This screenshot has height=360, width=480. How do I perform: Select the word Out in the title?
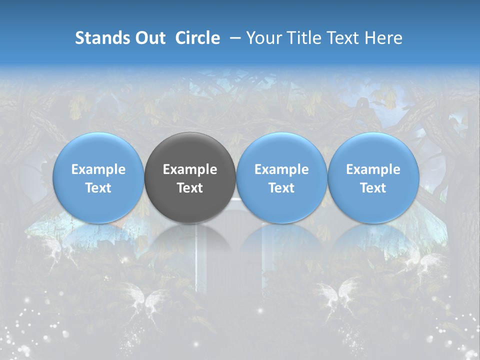point(149,38)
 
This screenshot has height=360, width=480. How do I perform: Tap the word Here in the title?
point(384,38)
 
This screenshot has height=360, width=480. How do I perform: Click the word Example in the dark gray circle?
point(190,170)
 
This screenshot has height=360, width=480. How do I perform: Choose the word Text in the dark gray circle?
point(190,188)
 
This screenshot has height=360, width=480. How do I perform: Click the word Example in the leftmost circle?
point(98,170)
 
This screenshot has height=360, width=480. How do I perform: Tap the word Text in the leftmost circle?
point(98,188)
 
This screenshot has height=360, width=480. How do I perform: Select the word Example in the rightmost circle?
point(373,170)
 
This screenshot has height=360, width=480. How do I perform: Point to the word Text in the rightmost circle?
point(373,188)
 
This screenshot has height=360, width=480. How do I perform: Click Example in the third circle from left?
point(281,170)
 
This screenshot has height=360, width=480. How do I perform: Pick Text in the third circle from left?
point(281,188)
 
